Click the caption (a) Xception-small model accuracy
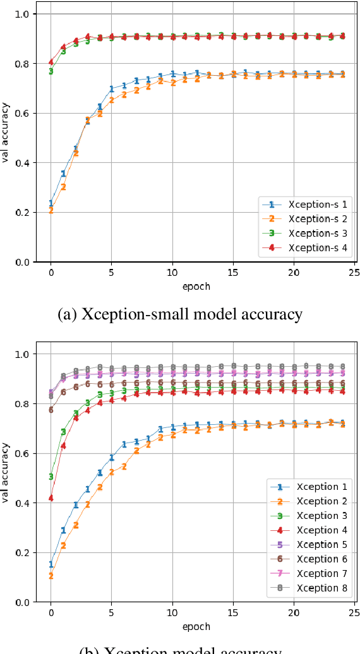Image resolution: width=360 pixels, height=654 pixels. pos(180,314)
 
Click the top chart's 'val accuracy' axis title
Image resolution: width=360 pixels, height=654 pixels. pos(6,137)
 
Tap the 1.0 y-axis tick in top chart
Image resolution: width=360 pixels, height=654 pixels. pos(23,14)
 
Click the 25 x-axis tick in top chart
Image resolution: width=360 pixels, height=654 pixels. pos(354,272)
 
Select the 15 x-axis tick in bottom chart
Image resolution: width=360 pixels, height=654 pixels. pos(233,612)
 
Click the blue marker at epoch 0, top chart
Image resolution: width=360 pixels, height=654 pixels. pos(51,203)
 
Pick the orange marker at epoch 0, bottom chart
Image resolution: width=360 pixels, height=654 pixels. pos(51,576)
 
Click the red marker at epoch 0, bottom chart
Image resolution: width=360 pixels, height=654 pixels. pos(51,498)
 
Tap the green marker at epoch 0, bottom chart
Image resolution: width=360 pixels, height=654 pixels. pos(51,477)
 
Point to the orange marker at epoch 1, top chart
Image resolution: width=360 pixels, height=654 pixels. pos(63,187)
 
